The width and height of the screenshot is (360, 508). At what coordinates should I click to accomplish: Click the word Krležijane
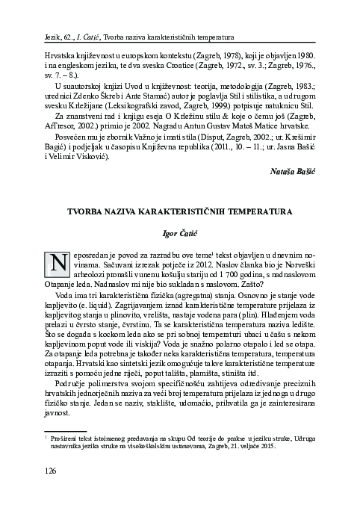click(81, 105)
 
